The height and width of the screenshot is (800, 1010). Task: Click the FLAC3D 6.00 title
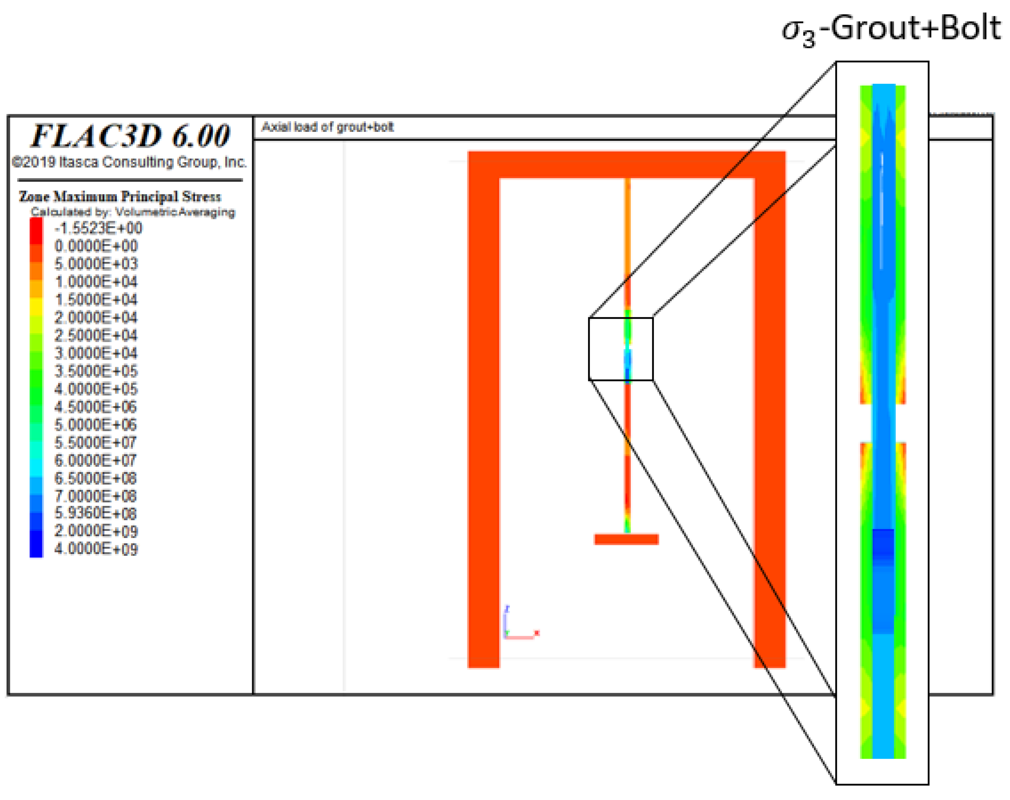pos(131,136)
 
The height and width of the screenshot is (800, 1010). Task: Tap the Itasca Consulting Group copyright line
pos(129,162)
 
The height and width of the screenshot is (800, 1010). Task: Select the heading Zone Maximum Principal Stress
pos(120,196)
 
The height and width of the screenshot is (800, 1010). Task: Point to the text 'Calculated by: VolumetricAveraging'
pos(133,212)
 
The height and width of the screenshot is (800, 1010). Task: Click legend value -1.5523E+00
pos(98,228)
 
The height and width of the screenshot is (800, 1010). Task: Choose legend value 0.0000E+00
pos(96,246)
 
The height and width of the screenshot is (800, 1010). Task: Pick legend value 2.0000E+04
pos(96,318)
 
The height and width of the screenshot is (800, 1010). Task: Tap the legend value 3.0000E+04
pos(96,353)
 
